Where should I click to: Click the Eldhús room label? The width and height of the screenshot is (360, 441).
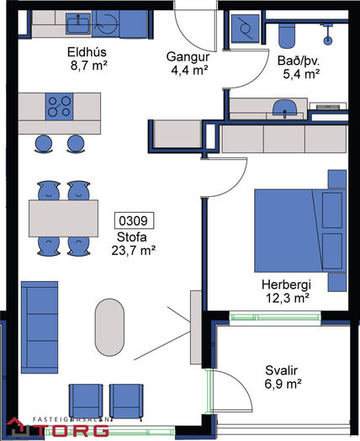coord(87,52)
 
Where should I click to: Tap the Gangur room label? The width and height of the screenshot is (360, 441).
coord(188,57)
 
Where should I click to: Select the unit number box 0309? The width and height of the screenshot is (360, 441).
coord(134,220)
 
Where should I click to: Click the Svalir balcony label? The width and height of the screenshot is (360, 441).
coord(281,370)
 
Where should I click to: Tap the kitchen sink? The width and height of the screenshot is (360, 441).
coord(78,24)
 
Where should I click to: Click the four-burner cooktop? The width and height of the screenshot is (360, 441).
coord(59,107)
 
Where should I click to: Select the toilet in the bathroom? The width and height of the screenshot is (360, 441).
coord(287,35)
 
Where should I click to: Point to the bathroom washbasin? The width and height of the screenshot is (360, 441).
coord(285,109)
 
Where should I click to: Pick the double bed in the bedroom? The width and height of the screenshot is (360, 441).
coord(300,231)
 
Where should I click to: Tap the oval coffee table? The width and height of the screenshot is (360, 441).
coord(109,327)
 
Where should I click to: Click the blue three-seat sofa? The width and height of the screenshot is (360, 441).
coord(40,327)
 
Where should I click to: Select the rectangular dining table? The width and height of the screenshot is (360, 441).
coord(64,218)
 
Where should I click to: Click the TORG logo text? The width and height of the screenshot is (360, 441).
coord(74,430)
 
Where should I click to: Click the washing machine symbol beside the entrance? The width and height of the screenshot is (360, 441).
coord(245,28)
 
